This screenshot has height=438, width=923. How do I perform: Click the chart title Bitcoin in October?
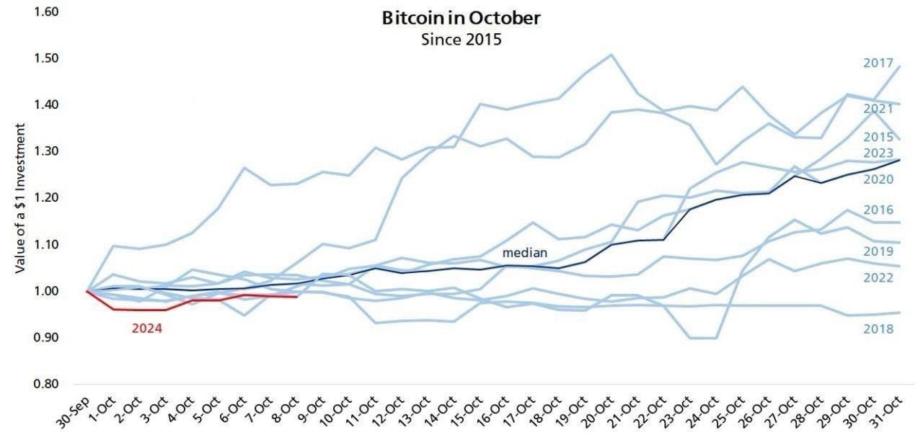461,19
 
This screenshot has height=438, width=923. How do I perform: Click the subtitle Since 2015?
461,39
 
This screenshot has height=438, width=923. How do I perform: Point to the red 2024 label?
146,328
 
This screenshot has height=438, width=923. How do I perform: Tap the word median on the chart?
525,253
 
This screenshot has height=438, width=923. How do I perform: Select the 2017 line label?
878,63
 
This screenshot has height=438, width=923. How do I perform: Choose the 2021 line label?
878,109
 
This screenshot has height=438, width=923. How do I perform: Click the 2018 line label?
878,328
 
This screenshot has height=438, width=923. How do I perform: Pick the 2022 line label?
878,278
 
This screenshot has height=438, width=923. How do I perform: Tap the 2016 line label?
878,210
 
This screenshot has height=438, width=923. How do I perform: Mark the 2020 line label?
878,179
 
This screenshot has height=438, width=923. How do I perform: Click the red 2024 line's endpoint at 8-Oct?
297,296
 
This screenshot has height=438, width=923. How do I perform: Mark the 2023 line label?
878,153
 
